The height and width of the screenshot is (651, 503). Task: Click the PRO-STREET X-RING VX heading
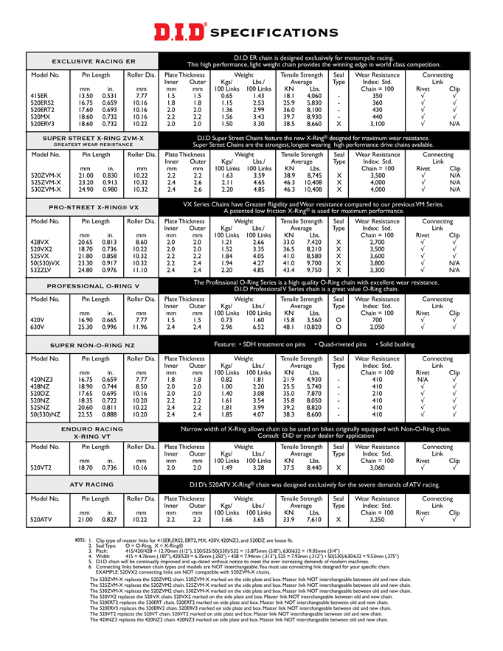click(x=94, y=208)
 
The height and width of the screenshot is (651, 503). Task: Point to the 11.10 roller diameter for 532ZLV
click(x=141, y=270)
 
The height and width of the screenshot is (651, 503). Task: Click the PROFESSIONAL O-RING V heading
click(x=93, y=285)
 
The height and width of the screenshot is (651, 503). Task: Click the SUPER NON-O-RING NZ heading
click(x=93, y=345)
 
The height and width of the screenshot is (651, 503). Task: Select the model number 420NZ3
click(x=42, y=379)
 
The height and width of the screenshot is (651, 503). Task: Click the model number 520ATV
click(x=41, y=520)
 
